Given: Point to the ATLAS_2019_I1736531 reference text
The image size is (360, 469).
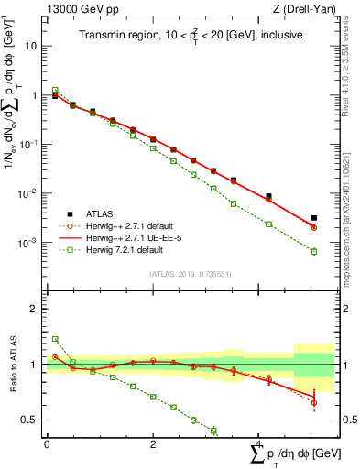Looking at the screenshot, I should coord(190,274).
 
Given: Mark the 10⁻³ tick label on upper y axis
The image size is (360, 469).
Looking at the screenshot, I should coord(27,243).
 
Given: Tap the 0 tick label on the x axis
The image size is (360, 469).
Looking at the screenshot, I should coord(47,444).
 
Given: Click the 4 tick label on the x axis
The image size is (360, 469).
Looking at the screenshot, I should coord(259,444).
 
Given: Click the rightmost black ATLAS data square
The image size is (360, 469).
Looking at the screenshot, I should coord(314,218).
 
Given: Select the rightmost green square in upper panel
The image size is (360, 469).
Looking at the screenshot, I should coord(314,251).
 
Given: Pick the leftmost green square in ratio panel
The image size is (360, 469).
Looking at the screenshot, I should coord(54,339).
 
